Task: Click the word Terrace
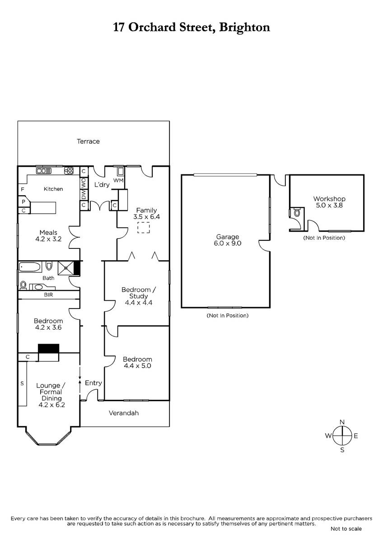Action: click(x=88, y=141)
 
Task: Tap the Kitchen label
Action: click(x=53, y=189)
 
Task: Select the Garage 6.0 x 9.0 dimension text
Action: click(x=228, y=243)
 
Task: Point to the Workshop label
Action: click(x=329, y=199)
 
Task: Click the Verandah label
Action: click(x=124, y=413)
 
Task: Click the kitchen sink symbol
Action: click(x=44, y=171)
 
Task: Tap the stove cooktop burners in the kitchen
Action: click(x=69, y=171)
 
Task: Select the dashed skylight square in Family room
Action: click(x=144, y=228)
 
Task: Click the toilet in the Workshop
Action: click(x=297, y=213)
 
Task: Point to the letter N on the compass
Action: click(x=342, y=422)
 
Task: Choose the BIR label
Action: click(x=48, y=295)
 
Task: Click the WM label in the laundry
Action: click(x=118, y=181)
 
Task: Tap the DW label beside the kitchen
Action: click(x=84, y=195)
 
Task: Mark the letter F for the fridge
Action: click(x=23, y=189)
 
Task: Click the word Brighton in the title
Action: click(x=244, y=28)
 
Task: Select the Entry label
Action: click(x=93, y=383)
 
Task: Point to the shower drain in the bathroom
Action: click(x=66, y=267)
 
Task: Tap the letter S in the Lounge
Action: click(x=22, y=383)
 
